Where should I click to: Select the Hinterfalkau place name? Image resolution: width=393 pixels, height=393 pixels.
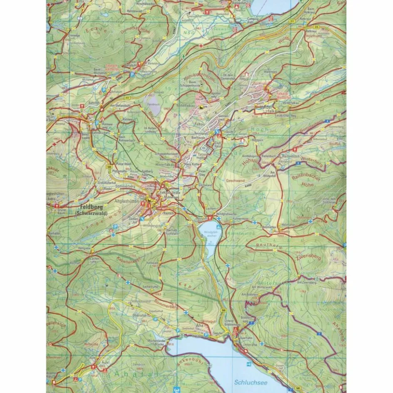point(155,164)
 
